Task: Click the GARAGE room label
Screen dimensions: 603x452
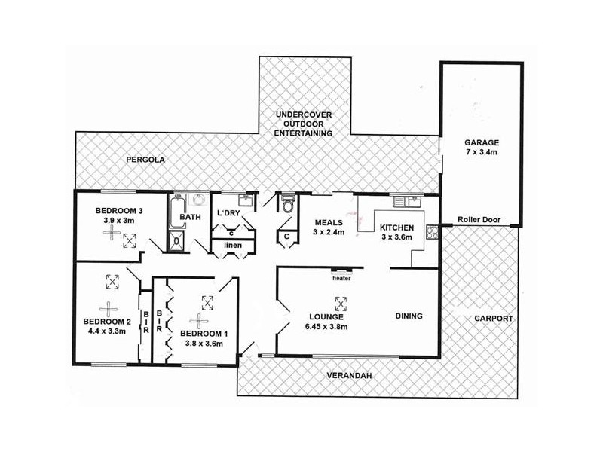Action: (x=481, y=142)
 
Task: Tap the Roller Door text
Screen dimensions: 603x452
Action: (x=479, y=220)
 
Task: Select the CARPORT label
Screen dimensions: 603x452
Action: (x=494, y=319)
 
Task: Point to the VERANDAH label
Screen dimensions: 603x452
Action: (x=349, y=376)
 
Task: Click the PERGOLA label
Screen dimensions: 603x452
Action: (x=145, y=160)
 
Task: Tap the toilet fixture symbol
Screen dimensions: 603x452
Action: (x=288, y=203)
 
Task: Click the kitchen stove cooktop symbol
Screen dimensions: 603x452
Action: (x=432, y=233)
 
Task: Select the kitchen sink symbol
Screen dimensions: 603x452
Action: (x=408, y=201)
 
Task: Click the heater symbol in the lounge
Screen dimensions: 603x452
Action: (x=341, y=270)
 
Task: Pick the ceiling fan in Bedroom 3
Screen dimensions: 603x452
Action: (x=112, y=233)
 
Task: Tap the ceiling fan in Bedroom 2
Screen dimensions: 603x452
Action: (x=109, y=309)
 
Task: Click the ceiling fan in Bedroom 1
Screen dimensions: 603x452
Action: (x=199, y=322)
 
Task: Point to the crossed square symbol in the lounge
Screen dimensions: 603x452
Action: (x=341, y=304)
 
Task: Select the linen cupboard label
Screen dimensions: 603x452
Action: (x=233, y=245)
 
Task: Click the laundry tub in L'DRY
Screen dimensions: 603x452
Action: (x=246, y=200)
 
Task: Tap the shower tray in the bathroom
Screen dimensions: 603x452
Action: (x=176, y=241)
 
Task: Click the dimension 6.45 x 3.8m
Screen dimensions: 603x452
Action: (x=329, y=327)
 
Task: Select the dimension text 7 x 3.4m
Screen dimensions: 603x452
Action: (x=481, y=152)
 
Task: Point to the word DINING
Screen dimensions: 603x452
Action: (x=409, y=316)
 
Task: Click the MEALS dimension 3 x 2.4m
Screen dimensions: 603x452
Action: (x=329, y=232)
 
